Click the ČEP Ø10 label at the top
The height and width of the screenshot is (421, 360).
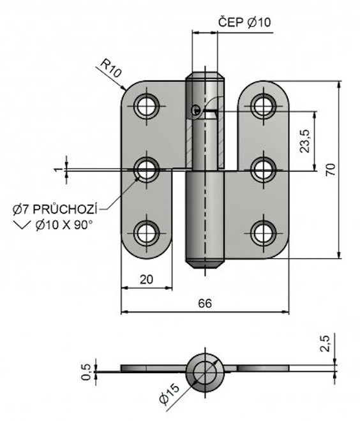point(244,22)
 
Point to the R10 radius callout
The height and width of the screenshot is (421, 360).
point(111,68)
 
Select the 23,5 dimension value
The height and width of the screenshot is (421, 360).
point(305,141)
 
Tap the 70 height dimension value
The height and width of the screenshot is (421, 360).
point(331,170)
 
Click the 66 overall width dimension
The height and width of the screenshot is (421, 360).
point(205,304)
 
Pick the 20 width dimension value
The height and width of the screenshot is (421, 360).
point(146,279)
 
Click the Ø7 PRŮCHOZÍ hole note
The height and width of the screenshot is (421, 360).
point(55,209)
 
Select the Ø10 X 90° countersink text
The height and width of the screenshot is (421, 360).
point(64,225)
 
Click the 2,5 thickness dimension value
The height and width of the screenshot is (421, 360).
point(326,343)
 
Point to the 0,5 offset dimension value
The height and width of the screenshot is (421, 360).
point(86,372)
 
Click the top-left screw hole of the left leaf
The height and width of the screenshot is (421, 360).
point(146,106)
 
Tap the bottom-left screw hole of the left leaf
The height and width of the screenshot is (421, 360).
point(146,233)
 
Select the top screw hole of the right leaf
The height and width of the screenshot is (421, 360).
point(264,106)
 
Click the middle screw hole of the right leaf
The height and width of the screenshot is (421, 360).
point(264,170)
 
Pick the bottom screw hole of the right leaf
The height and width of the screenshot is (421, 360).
point(264,233)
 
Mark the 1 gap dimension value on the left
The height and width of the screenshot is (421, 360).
point(56,170)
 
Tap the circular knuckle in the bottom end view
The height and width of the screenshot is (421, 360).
point(205,373)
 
